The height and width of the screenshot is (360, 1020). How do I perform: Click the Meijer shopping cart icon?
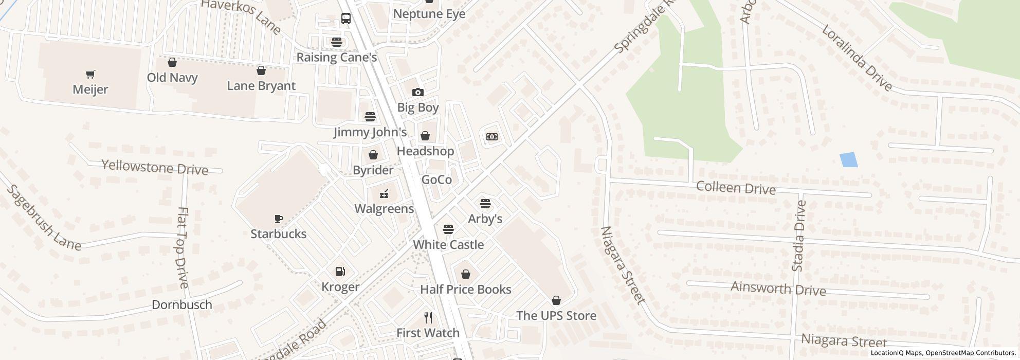pyautogui.click(x=90, y=75)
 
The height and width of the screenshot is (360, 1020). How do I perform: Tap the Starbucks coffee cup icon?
pyautogui.click(x=278, y=219)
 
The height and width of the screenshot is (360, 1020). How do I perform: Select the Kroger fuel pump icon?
pyautogui.click(x=340, y=272)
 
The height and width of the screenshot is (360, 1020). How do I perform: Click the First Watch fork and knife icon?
pyautogui.click(x=428, y=317)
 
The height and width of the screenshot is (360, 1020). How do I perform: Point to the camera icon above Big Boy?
pyautogui.click(x=417, y=93)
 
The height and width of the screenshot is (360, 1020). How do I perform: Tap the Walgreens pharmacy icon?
pyautogui.click(x=384, y=194)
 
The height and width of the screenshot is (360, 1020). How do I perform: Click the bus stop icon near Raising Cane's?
pyautogui.click(x=346, y=19)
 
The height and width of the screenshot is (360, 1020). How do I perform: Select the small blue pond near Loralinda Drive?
pyautogui.click(x=848, y=160)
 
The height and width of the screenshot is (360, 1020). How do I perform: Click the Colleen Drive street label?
pyautogui.click(x=735, y=188)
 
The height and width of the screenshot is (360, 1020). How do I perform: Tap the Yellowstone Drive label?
pyautogui.click(x=155, y=168)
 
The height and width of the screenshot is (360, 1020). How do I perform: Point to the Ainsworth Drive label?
pyautogui.click(x=778, y=289)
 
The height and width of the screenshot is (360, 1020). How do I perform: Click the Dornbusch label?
pyautogui.click(x=182, y=304)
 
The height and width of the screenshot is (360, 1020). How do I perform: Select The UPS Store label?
pyautogui.click(x=556, y=315)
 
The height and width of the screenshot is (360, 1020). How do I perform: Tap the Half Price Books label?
pyautogui.click(x=465, y=289)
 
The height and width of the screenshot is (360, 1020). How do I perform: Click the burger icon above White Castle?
pyautogui.click(x=448, y=229)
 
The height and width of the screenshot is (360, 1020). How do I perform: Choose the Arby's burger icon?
pyautogui.click(x=485, y=204)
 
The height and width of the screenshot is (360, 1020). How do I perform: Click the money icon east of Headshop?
pyautogui.click(x=491, y=137)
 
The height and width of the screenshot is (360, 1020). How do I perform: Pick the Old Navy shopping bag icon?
pyautogui.click(x=172, y=63)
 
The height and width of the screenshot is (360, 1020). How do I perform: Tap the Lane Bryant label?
pyautogui.click(x=261, y=86)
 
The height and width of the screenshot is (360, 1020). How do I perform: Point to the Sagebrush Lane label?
pyautogui.click(x=43, y=219)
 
